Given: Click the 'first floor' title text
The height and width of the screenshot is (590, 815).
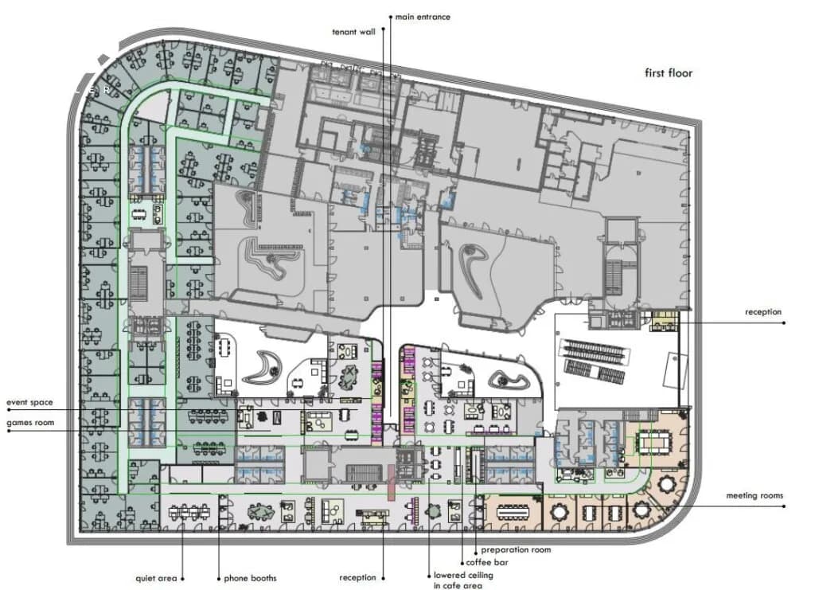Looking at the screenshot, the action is pos(669,73).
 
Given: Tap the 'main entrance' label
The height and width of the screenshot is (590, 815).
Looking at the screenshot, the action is pos(423,18).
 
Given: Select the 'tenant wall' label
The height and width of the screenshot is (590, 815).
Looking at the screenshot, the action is pos(353,32).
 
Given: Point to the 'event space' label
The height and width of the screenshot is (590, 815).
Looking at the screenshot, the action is pos(29,402).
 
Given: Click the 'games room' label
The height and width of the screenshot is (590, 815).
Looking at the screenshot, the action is pos(30,423).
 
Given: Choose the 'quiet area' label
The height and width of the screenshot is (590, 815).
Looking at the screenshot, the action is pos(156,578).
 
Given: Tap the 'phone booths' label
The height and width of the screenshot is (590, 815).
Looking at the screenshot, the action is pos(250,578).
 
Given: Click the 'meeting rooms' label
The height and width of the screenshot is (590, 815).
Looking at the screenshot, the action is pos(755,496).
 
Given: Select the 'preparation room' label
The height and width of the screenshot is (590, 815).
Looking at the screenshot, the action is pos(516,550).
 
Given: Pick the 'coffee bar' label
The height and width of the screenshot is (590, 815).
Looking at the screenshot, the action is pos(487,562).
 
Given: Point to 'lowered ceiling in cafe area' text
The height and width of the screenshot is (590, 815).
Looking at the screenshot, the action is pos(463,580).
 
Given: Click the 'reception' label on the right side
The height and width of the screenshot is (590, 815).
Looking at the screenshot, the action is pos(763,312).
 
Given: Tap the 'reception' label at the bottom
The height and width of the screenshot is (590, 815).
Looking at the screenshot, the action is pos(357,577).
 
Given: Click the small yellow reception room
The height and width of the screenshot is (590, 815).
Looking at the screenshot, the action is pos(665,321).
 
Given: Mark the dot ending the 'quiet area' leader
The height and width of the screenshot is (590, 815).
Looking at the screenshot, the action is pos(182,579).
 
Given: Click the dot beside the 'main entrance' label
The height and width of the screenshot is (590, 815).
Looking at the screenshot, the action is pos(391,18).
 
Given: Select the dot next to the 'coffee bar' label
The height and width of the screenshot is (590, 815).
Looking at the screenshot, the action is pos(462,563).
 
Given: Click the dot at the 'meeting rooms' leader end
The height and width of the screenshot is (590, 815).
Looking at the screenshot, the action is pos(784,506).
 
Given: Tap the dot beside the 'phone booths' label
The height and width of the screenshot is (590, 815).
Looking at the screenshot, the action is pos(219,579).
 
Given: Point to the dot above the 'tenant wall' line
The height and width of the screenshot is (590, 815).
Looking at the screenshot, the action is pos(384,29).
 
